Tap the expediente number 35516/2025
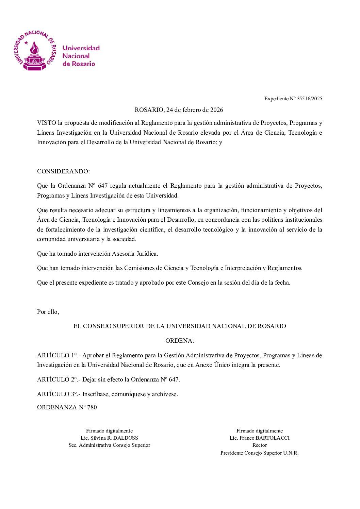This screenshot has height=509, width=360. [x=309, y=99]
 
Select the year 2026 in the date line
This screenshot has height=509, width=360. [x=216, y=110]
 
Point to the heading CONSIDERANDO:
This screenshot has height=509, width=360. [x=63, y=171]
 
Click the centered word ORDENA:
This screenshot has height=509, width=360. [x=179, y=341]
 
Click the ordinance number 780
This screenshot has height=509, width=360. [x=92, y=407]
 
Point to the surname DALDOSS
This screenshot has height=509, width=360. [x=125, y=438]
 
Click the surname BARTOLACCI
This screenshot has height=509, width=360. [x=273, y=438]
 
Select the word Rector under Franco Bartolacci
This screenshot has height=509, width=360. [x=259, y=445]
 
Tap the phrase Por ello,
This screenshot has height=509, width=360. [x=48, y=312]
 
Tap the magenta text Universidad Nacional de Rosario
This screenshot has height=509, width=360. [x=81, y=56]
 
